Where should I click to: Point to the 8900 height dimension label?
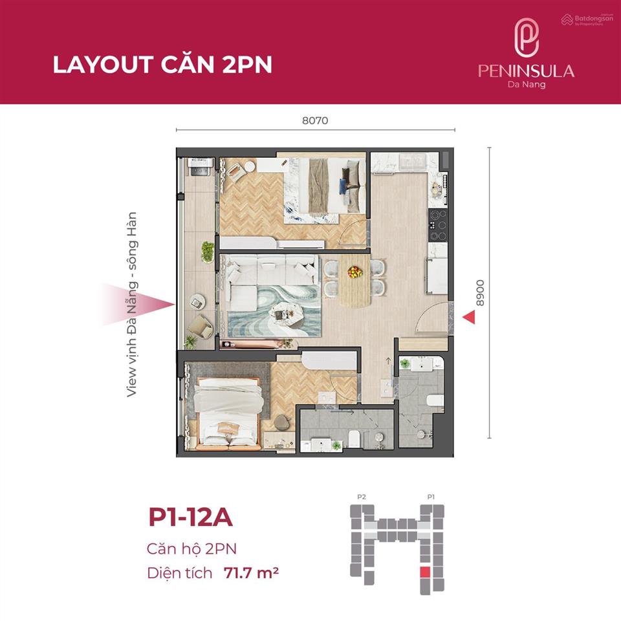(479, 292)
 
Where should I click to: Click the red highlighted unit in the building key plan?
(424, 572)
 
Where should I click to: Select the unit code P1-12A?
(190, 519)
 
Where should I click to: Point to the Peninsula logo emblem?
(526, 38)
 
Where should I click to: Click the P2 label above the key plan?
(362, 497)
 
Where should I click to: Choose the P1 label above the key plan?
(430, 497)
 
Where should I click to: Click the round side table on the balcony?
(197, 302)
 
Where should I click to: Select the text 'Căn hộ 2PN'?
(191, 549)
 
